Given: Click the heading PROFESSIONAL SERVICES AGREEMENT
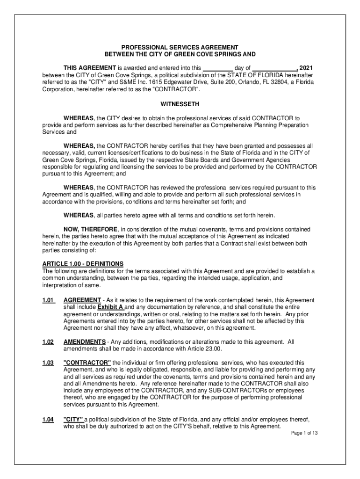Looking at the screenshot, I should pos(180,48).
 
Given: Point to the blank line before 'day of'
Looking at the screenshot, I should pos(218,68).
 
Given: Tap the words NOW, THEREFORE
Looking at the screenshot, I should pos(91,230).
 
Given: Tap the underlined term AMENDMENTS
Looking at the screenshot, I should pos(84,342).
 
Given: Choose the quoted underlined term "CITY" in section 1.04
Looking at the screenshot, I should pos(73,419).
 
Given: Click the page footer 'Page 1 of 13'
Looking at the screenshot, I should pos(304,433).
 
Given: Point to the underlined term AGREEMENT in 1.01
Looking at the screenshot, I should pos(82,300).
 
